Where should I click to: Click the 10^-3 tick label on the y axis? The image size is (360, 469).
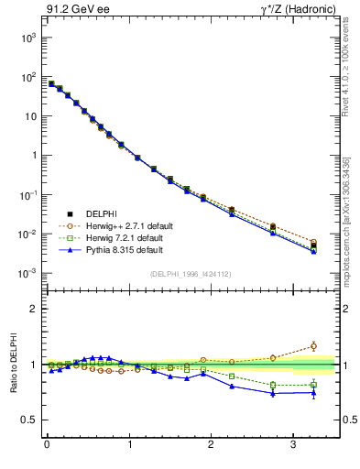27,274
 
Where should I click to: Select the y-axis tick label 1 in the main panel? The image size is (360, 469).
34,156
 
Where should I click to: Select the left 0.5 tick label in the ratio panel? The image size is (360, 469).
30,420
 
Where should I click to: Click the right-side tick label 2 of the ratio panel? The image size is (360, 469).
348,309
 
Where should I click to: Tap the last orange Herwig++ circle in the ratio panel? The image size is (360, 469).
313,345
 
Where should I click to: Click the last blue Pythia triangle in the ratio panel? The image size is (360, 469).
313,393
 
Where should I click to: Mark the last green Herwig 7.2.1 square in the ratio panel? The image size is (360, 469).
313,385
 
